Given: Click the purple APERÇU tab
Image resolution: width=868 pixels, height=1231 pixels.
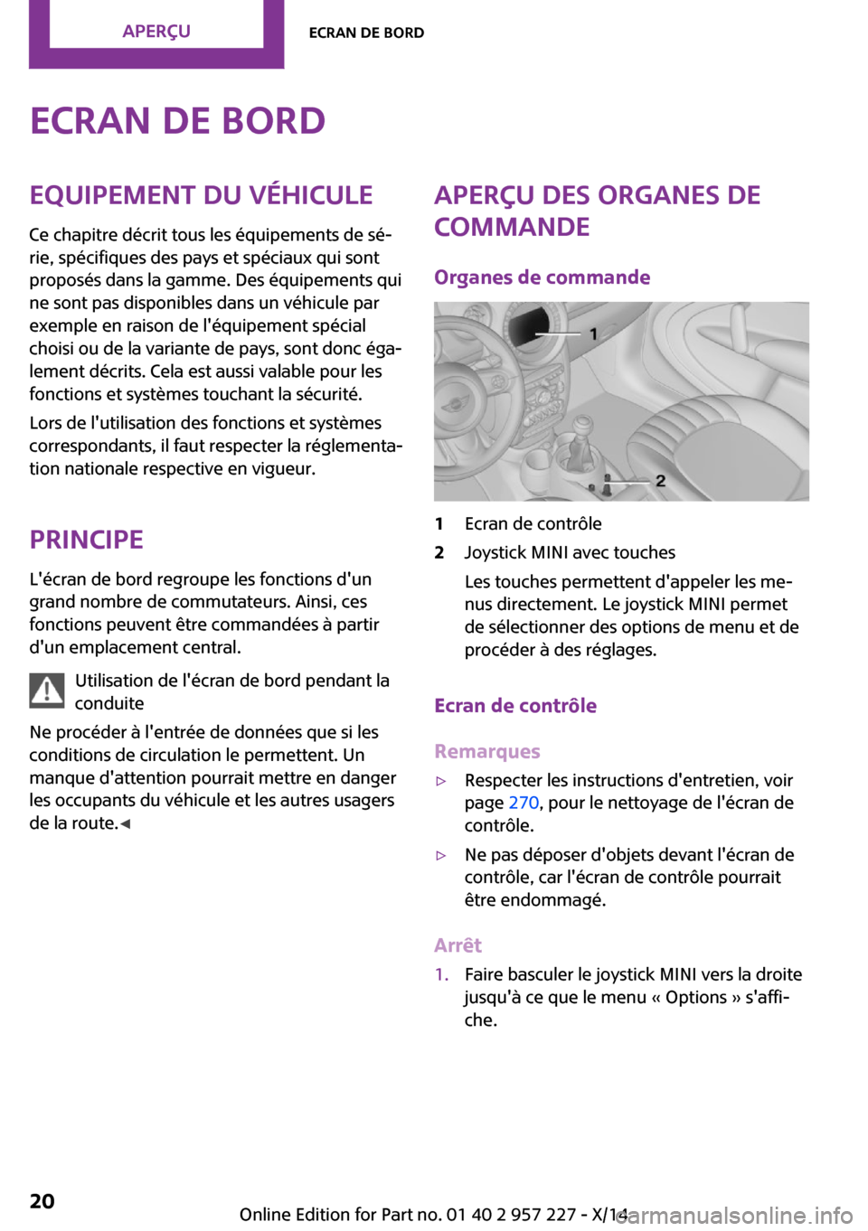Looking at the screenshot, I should (156, 32).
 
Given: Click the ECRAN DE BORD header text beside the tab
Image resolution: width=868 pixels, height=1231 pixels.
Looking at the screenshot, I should (366, 33).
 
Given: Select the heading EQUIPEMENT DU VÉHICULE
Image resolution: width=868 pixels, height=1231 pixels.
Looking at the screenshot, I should (201, 195).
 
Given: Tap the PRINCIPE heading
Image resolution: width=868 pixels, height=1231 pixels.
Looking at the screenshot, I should (87, 540).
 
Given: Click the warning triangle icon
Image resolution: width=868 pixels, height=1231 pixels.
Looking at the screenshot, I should (46, 691).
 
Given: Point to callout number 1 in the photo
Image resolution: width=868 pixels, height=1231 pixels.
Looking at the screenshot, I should (593, 334).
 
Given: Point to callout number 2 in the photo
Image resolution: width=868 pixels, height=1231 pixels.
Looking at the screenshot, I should (661, 481).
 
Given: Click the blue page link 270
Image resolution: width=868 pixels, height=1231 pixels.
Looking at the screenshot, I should (524, 803).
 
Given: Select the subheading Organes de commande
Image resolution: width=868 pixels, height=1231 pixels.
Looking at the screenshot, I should (542, 277).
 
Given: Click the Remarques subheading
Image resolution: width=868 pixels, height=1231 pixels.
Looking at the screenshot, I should (487, 751).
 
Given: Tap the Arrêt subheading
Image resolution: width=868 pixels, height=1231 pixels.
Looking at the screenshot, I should (458, 945).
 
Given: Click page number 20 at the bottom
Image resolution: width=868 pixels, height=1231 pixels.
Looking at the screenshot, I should (42, 1201).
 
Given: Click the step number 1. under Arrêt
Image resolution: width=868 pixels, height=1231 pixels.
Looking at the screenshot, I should (441, 974).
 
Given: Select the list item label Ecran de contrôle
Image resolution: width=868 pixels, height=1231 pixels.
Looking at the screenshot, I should (533, 524).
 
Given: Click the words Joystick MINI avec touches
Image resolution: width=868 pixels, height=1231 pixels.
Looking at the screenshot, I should (570, 553).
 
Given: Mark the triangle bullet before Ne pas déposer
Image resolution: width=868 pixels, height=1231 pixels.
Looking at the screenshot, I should (441, 855).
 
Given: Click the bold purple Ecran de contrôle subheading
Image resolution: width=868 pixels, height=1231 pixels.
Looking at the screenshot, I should (515, 706).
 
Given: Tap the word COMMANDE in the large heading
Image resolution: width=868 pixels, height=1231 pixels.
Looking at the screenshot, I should (512, 227).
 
